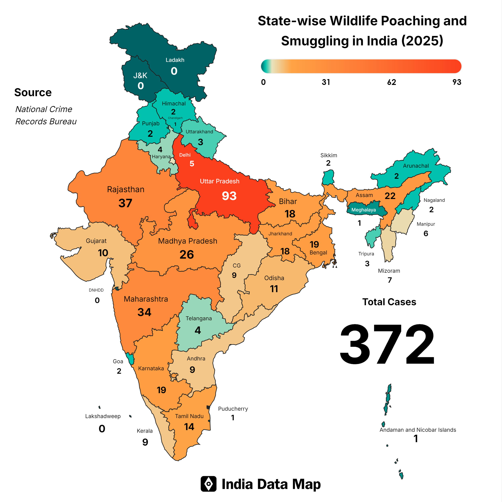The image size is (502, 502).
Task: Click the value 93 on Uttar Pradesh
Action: click(x=229, y=196)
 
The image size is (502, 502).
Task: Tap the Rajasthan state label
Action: click(x=125, y=189)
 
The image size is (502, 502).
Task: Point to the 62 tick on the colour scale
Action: click(x=391, y=82)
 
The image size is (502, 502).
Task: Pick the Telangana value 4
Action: click(x=198, y=330)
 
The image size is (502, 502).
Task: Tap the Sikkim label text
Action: click(x=329, y=155)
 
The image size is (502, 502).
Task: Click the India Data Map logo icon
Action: click(x=208, y=484)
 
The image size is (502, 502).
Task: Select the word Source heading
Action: click(x=33, y=93)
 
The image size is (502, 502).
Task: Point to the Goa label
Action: click(x=118, y=361)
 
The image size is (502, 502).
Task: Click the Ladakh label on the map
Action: click(x=175, y=60)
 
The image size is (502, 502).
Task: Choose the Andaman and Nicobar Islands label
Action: click(x=417, y=430)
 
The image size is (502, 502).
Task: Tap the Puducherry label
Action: click(x=233, y=409)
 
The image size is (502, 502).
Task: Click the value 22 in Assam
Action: click(x=390, y=196)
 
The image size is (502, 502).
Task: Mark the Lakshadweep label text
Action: click(x=103, y=416)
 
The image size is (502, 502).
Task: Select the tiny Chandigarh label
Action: click(x=175, y=118)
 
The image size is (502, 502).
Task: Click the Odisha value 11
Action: click(x=274, y=289)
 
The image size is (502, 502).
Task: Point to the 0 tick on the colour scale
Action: click(x=263, y=82)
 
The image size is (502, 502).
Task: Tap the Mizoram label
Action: click(x=389, y=271)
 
